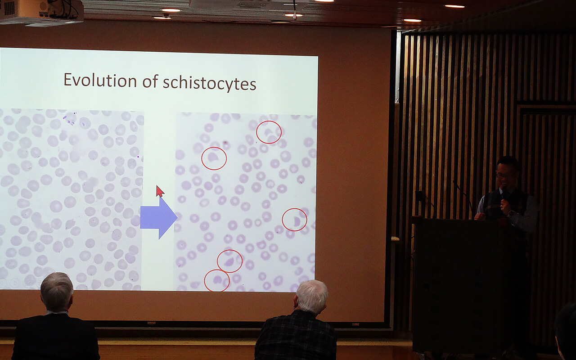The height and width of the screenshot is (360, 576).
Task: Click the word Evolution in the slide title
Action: coord(100,81)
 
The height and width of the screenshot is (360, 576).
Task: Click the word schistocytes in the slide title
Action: coord(210,83)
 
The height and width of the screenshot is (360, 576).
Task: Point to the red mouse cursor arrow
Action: coord(160,191)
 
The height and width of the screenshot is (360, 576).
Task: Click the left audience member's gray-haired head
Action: coord(57,291)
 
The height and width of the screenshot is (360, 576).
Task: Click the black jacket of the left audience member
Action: coord(55,337)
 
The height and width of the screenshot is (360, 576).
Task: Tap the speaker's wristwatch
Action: coord(511,213)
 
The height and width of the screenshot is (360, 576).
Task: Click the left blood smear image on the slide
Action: coord(71,199)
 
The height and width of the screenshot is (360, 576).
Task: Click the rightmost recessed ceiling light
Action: coord(454,6)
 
